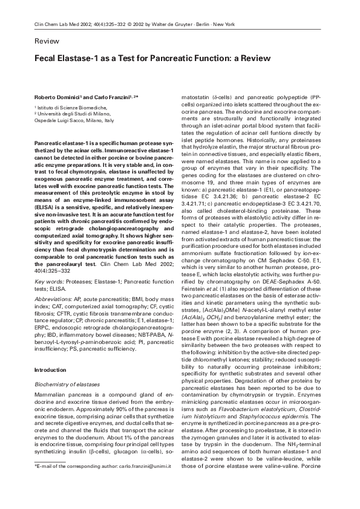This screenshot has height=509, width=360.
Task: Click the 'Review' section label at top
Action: (47, 42)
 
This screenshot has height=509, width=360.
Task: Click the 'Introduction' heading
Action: (50, 369)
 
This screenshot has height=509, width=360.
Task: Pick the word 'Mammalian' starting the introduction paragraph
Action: (50, 394)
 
